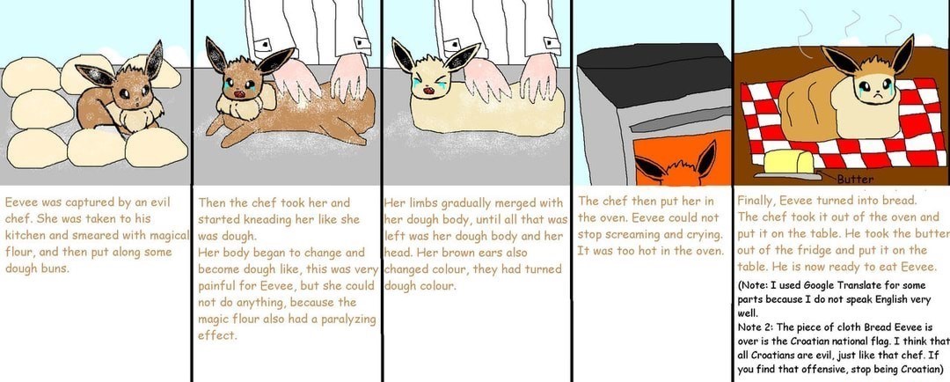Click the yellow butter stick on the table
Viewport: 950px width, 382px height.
(x=789, y=162)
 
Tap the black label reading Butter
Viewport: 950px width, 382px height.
(x=856, y=180)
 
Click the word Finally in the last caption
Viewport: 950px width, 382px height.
(x=758, y=200)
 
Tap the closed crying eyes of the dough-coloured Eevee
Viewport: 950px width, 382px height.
(x=428, y=81)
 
